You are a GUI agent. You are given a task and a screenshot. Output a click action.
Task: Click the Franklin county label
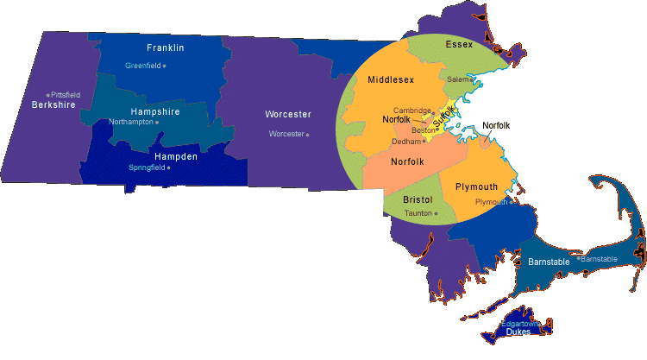pyautogui.click(x=166, y=47)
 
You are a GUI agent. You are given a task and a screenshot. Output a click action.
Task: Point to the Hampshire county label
pyautogui.click(x=154, y=112)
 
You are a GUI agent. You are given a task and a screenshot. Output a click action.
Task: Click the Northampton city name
pyautogui.click(x=131, y=123)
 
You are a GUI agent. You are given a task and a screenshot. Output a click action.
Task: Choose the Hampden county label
pyautogui.click(x=176, y=156)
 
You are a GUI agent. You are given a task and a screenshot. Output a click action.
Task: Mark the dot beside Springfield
pyautogui.click(x=168, y=167)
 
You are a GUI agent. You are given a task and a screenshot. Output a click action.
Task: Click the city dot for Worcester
pyautogui.click(x=308, y=135)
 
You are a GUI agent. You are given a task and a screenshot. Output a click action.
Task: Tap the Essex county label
pyautogui.click(x=459, y=44)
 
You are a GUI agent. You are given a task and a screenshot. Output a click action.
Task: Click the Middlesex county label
pyautogui.click(x=391, y=79)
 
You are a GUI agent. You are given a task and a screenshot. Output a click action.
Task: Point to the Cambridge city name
pyautogui.click(x=411, y=111)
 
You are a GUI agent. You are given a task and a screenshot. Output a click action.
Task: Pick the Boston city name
pyautogui.click(x=424, y=130)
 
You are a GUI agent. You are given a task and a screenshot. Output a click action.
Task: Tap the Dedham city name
pyautogui.click(x=405, y=142)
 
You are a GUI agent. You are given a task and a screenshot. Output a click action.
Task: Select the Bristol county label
pyautogui.click(x=418, y=199)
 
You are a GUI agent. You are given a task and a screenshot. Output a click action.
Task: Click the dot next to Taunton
pyautogui.click(x=437, y=213)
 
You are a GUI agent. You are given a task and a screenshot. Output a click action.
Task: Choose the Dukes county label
pyautogui.click(x=518, y=332)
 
